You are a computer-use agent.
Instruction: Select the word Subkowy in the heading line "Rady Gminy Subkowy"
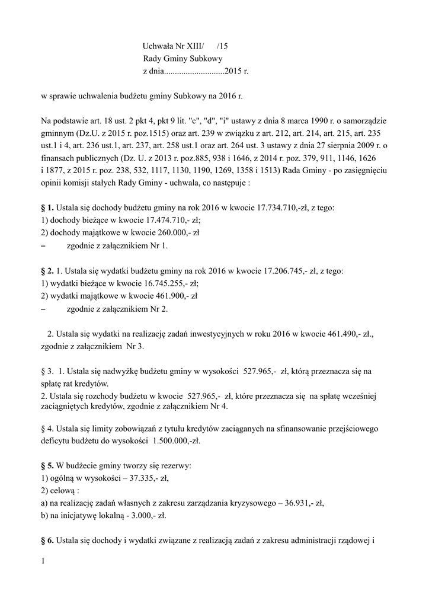point(206,59)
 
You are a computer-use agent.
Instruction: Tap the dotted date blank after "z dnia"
point(193,72)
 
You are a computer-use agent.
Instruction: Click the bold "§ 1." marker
point(47,208)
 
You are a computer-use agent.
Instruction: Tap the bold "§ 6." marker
point(47,540)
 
